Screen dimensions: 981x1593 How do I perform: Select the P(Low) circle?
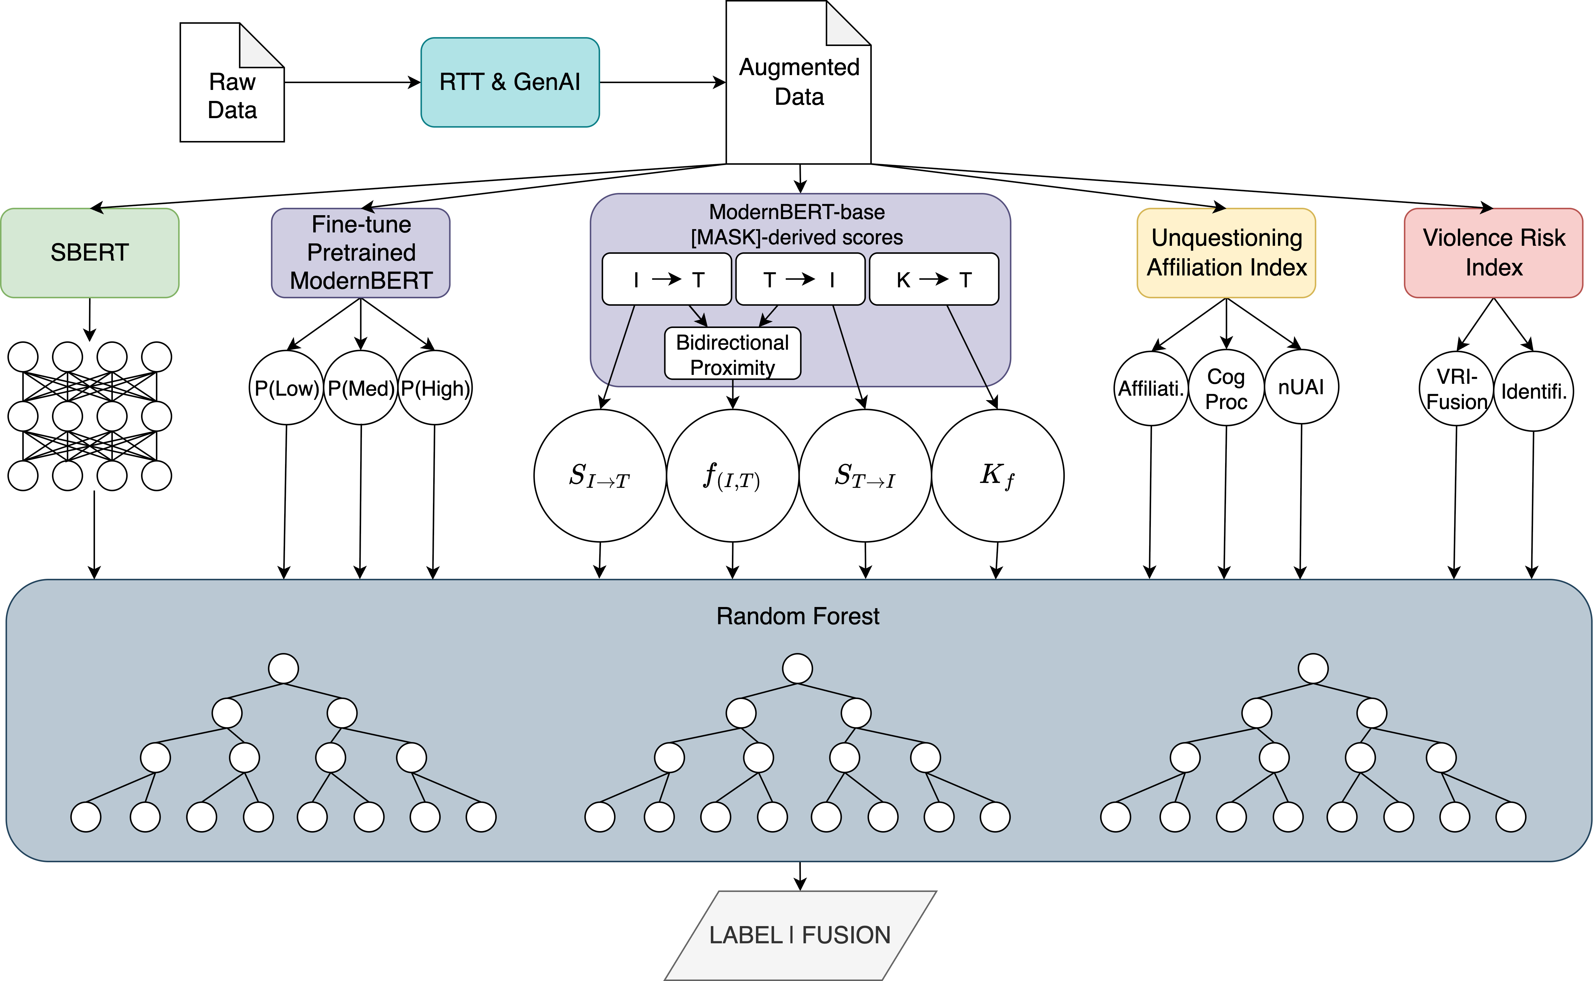[x=286, y=388]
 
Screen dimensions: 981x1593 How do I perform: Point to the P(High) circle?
[x=435, y=388]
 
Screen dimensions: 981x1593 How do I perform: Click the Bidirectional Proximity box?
[x=733, y=354]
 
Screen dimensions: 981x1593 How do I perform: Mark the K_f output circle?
[x=997, y=476]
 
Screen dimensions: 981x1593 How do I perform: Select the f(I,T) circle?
[x=733, y=476]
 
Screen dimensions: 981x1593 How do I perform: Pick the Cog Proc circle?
[x=1226, y=388]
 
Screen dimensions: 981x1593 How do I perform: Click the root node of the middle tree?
[x=798, y=668]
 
